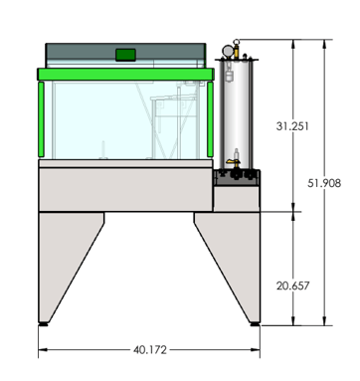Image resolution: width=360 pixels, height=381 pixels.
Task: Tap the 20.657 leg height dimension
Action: [292, 286]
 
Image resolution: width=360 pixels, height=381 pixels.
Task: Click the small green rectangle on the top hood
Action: [125, 53]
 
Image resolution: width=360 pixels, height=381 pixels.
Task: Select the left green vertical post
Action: [42, 120]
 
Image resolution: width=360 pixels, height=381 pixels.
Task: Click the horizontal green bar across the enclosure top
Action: [125, 75]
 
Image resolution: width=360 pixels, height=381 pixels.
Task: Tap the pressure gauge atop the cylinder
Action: [230, 48]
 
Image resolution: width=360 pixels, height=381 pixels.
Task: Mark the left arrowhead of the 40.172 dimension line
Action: [42, 349]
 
